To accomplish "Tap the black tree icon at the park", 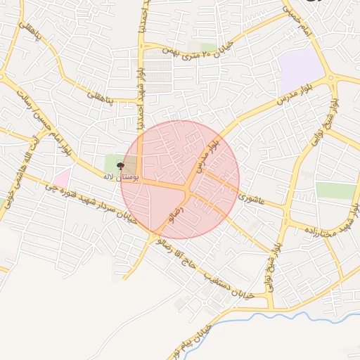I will [120, 167].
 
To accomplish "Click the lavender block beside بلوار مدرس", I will [300, 69].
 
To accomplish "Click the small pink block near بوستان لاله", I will [62, 179].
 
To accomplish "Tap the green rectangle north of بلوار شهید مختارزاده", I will [335, 190].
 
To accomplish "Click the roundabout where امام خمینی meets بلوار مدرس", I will [331, 77].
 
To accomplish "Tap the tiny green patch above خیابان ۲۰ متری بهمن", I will [208, 47].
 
